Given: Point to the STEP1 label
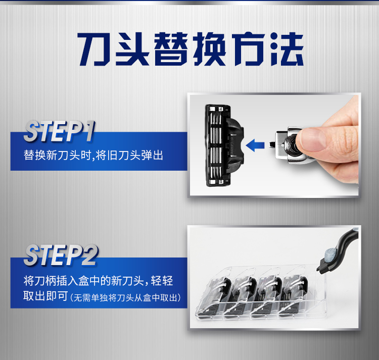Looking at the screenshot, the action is coord(59,131).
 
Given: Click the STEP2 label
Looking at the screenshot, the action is coord(61,255).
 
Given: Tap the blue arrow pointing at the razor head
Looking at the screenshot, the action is coord(255,145).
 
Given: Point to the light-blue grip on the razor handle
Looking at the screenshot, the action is coord(330,255).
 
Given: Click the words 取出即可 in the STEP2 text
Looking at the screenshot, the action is coord(45,296).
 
